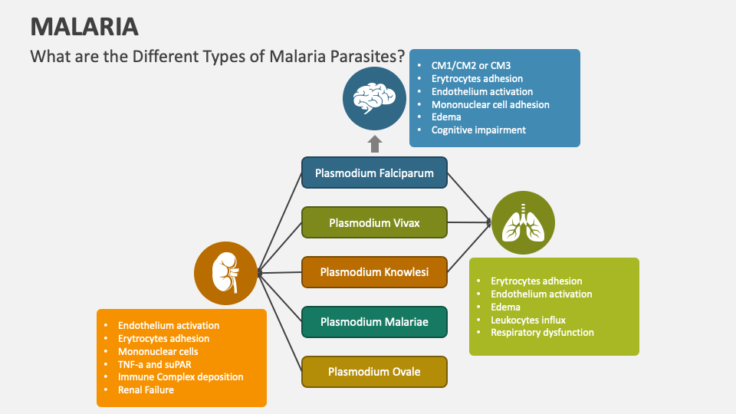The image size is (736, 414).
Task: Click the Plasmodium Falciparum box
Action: click(x=374, y=172)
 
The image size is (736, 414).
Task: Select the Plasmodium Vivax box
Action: click(x=374, y=222)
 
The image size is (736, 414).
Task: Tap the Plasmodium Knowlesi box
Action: click(x=374, y=272)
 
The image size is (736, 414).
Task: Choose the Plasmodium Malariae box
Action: click(x=374, y=322)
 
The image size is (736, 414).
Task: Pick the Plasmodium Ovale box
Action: click(x=374, y=372)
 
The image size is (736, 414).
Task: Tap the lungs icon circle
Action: click(x=523, y=222)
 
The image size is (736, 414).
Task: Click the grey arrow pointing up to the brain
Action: click(x=374, y=143)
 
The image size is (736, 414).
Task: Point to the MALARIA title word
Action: click(x=84, y=27)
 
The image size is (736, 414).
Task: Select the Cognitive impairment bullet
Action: click(x=478, y=130)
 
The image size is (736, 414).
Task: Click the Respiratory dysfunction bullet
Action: click(x=542, y=333)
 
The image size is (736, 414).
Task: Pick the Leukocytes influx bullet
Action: click(x=528, y=320)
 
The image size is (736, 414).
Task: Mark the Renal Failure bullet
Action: click(x=146, y=390)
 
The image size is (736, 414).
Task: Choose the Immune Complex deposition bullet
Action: click(x=180, y=377)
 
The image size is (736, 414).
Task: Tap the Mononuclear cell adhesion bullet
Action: click(x=490, y=104)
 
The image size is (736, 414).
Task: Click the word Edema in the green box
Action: click(x=505, y=307)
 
